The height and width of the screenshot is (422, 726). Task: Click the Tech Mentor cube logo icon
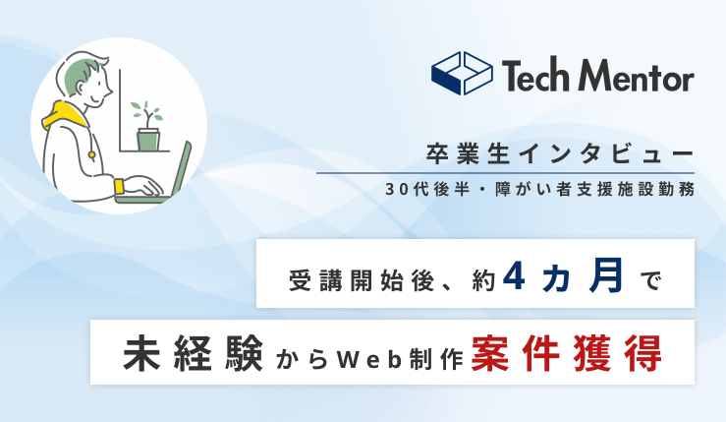tap(462, 73)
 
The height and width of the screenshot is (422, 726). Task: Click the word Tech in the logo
tap(535, 75)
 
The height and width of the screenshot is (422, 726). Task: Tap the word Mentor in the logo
tap(637, 76)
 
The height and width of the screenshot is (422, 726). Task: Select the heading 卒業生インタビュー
tap(560, 154)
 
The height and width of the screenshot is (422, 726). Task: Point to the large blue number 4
tap(514, 275)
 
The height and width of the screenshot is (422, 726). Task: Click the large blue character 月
tap(605, 275)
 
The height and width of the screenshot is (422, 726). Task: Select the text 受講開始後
tap(362, 280)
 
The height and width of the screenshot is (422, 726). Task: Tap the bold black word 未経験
tap(194, 353)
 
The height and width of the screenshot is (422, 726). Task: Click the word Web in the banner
tap(369, 360)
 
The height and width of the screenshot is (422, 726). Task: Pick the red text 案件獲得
tap(566, 353)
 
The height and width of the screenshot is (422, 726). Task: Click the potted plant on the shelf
tap(147, 126)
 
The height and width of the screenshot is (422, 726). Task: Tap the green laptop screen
tap(182, 169)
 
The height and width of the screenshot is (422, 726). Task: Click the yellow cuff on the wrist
tap(120, 186)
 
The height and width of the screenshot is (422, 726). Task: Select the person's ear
tap(82, 88)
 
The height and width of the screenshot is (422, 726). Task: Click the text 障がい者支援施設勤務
tap(595, 189)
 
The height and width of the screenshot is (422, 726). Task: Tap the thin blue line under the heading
tap(506, 173)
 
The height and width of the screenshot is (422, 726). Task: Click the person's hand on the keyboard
tap(143, 186)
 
